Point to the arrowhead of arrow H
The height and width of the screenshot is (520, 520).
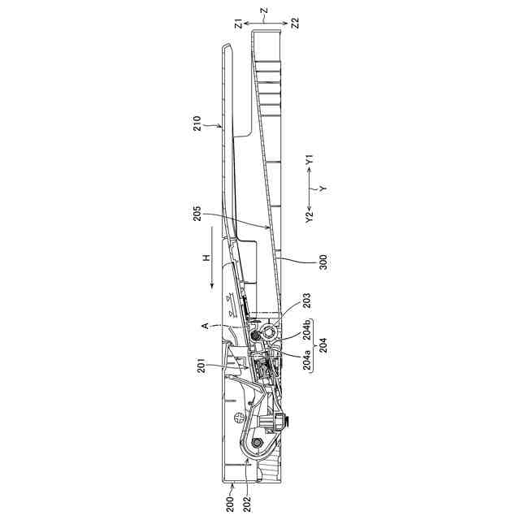210,285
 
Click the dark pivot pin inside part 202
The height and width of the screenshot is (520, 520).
258,442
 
